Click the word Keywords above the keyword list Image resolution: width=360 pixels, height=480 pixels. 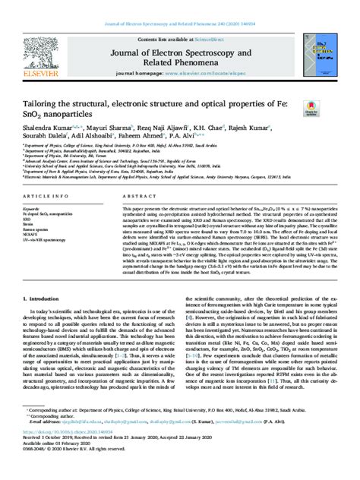tap(33, 207)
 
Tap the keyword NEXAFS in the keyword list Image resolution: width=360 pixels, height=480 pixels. tap(33, 234)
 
